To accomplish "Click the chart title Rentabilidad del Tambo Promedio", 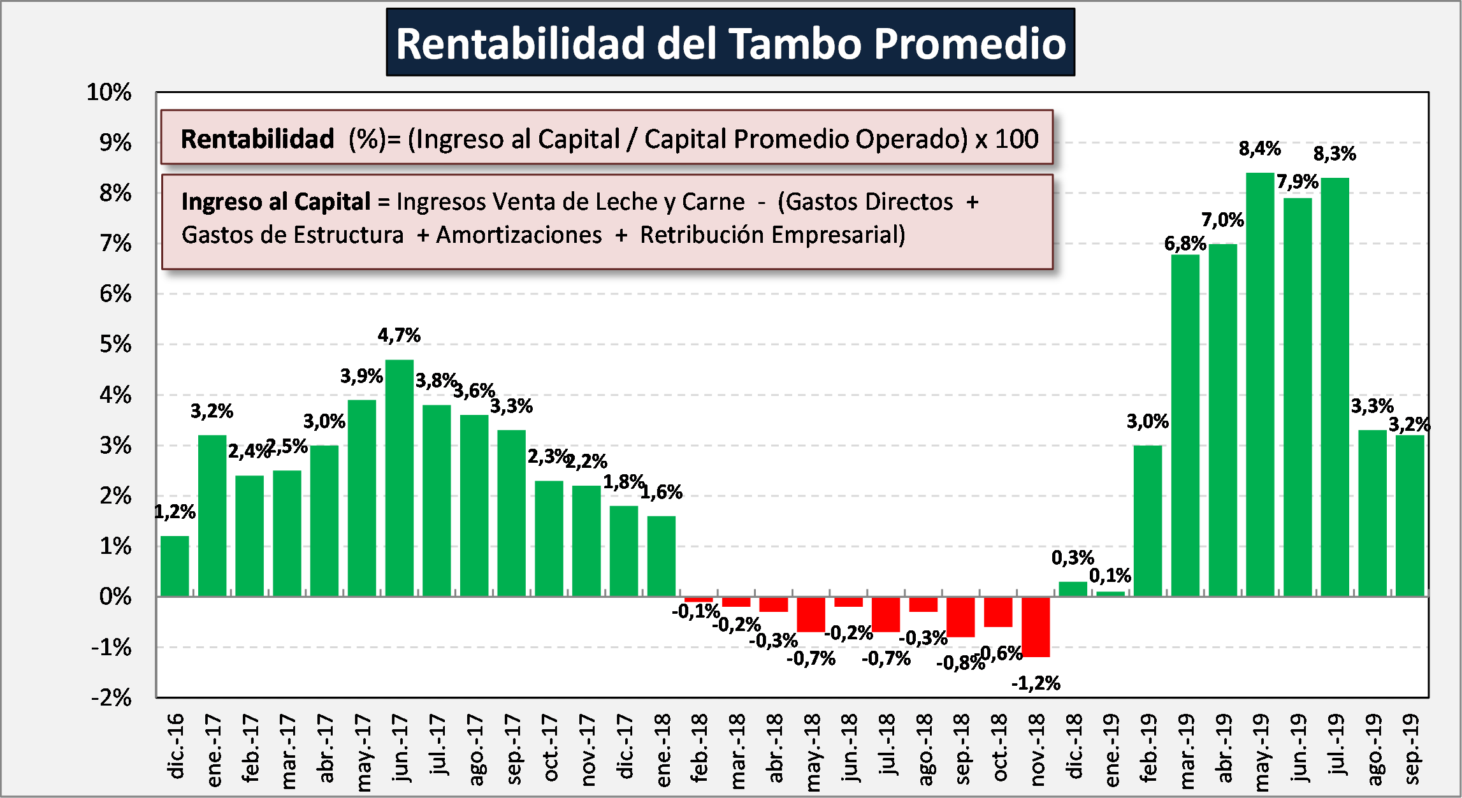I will (730, 43).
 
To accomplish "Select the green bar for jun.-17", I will (400, 478).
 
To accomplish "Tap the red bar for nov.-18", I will (1036, 627).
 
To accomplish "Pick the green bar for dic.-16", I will (175, 566).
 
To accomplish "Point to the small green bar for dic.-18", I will (1073, 589).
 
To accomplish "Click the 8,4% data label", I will (1259, 149).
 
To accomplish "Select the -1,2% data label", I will (1036, 683).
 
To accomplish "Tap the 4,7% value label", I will (399, 335).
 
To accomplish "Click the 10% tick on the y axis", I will (109, 92).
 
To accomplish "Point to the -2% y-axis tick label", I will (112, 697).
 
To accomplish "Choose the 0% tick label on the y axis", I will (115, 597).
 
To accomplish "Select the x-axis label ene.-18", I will (662, 750).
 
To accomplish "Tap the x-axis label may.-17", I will (362, 752).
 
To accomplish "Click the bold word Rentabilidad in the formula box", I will (257, 139).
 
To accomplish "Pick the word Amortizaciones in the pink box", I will (519, 235).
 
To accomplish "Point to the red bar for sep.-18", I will (960, 617).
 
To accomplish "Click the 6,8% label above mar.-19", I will (1185, 243).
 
